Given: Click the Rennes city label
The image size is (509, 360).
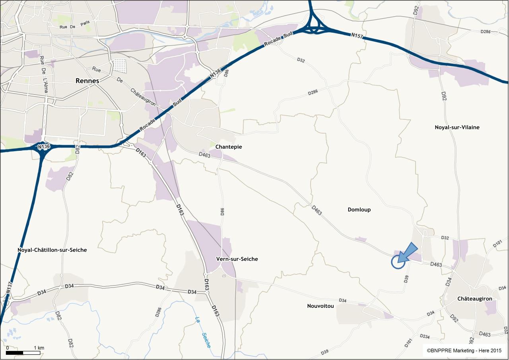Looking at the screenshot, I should tap(87, 81).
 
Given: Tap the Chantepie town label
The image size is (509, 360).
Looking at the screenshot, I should tap(228, 147).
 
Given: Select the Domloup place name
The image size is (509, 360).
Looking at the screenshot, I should tap(359, 210).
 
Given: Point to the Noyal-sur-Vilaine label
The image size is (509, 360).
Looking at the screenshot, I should tap(457, 127).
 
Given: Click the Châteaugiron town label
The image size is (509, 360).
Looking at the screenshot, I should tap(474, 299).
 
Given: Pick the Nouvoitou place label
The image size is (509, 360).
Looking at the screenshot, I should tap(320, 306).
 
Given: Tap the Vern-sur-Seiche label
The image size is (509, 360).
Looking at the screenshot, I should tap(237, 259).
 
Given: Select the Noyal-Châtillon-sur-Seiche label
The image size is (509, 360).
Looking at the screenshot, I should tap(52, 250).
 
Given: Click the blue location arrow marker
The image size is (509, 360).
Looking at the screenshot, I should tap(408, 253).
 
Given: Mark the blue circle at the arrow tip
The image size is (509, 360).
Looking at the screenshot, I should tap(398, 262).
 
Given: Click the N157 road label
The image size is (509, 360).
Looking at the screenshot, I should tap(357, 36).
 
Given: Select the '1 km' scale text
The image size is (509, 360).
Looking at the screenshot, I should tap(39, 348).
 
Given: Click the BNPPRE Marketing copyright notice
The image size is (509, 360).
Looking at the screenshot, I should tap(464, 350).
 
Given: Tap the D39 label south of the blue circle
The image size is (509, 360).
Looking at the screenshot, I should tap(406, 279).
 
